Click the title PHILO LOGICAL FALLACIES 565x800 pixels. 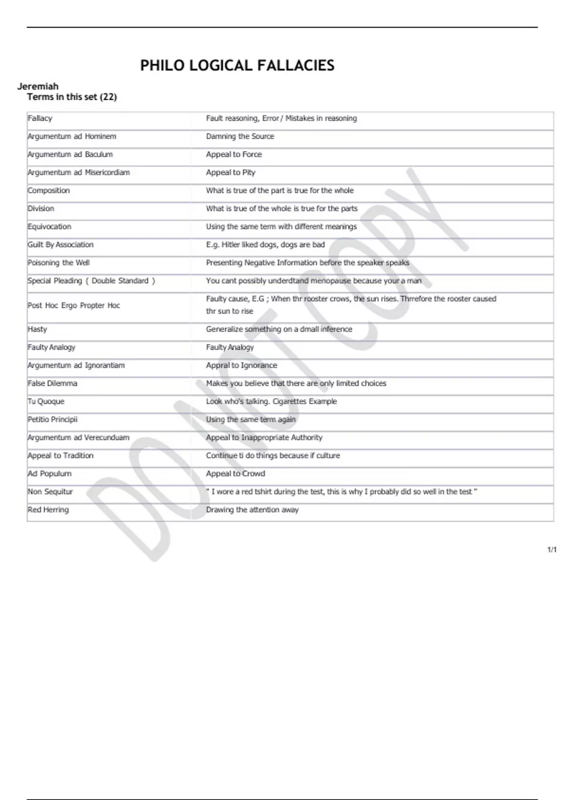237,65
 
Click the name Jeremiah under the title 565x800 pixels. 38,86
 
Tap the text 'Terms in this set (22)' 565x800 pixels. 72,97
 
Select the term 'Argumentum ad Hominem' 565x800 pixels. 72,136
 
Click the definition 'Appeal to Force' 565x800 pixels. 234,154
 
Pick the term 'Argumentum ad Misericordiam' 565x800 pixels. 78,172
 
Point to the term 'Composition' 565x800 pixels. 48,191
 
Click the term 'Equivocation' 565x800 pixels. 49,226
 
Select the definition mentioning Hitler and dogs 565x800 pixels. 265,245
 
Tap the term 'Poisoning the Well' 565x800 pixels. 58,263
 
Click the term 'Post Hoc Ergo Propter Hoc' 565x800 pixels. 73,305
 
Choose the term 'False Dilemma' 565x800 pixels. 52,384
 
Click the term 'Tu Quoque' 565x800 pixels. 46,401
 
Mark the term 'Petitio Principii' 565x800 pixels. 52,419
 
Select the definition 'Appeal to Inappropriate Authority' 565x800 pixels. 264,438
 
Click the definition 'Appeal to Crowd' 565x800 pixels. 235,473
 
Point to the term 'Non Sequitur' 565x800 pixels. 50,492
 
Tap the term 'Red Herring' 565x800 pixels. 48,510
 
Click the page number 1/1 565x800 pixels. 552,550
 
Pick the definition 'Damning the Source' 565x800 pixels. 240,136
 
